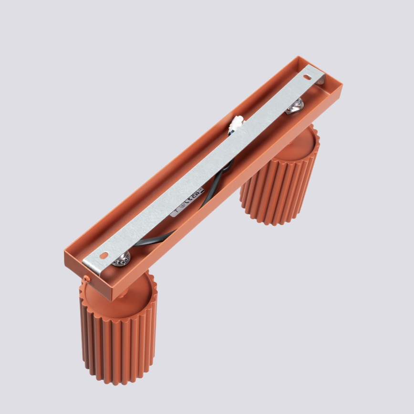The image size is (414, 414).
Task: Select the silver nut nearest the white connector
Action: pos(294,106)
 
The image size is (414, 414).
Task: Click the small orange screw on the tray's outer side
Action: pos(85,277)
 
